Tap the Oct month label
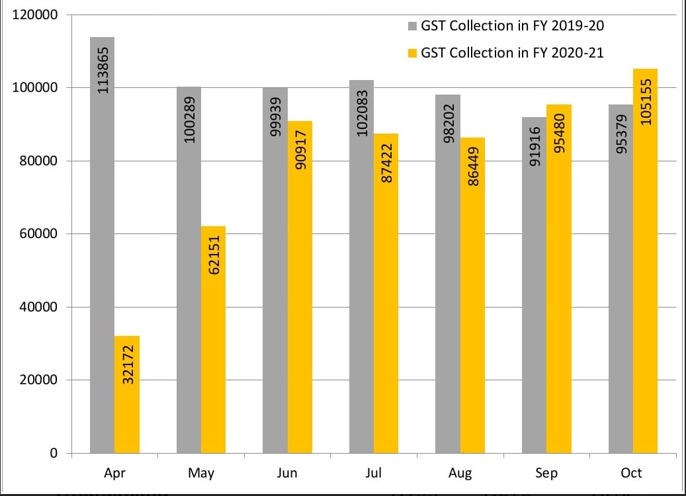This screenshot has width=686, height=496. tap(632, 473)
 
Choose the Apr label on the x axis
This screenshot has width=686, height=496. tap(114, 473)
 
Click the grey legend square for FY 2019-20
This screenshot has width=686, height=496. tap(412, 26)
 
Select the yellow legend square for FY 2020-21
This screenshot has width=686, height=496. tap(412, 53)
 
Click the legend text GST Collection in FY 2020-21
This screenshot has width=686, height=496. tap(512, 53)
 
